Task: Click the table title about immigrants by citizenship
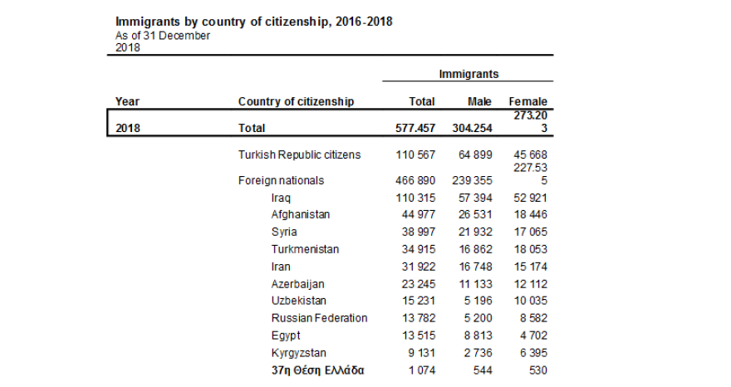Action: (253, 22)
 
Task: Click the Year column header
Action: (127, 101)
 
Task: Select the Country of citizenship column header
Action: (296, 101)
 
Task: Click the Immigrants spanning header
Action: (469, 74)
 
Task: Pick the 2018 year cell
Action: (128, 128)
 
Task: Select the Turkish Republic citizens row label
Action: (299, 155)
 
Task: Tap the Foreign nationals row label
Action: (281, 180)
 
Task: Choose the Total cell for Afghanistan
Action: (416, 214)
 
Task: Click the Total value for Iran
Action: (416, 267)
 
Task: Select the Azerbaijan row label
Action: (297, 283)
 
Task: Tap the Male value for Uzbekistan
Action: (478, 301)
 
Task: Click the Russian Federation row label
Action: (319, 318)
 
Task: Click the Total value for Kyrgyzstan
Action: (419, 352)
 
